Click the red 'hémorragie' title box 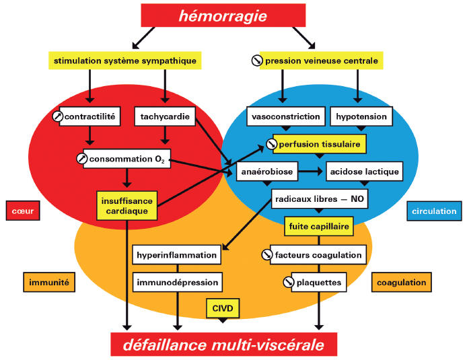(223, 16)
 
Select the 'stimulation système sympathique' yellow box (125, 61)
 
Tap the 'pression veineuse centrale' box (315, 61)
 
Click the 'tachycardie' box (165, 117)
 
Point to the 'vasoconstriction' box (285, 117)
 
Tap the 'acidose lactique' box (364, 172)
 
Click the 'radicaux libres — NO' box (319, 199)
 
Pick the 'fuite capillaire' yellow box (318, 227)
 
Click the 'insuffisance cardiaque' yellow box (127, 206)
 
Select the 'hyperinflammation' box (177, 255)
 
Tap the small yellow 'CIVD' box (223, 309)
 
